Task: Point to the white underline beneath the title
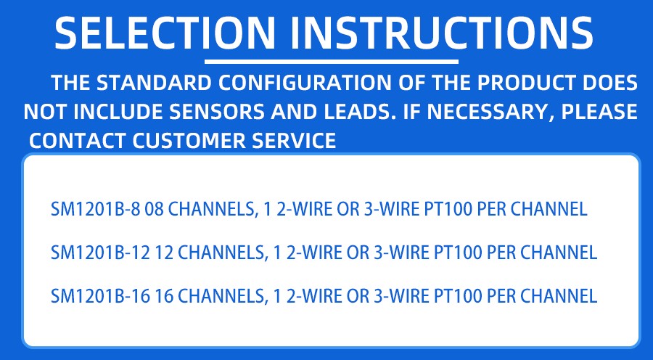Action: (331, 62)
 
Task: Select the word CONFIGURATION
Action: (305, 83)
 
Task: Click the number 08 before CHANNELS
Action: (154, 209)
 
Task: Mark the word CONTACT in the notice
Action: (77, 140)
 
